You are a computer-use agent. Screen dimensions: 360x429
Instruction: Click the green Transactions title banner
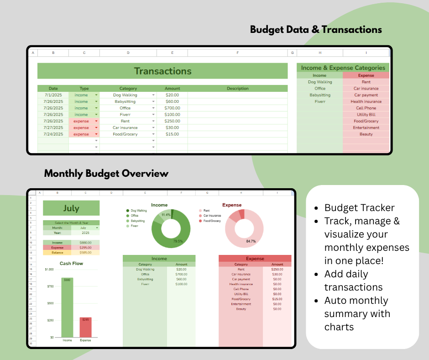[162, 71]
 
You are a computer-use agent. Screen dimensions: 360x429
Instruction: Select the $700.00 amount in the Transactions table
[173, 108]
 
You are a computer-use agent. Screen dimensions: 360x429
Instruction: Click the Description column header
[237, 89]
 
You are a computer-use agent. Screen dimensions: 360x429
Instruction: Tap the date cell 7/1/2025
[53, 95]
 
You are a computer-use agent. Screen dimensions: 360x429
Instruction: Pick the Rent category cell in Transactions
[125, 121]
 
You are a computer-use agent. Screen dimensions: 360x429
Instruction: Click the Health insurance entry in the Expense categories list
[366, 101]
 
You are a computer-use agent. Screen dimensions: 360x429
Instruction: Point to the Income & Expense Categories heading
[343, 68]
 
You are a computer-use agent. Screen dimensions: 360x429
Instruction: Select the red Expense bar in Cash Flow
[85, 327]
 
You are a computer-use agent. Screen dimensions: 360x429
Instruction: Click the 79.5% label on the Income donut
[178, 241]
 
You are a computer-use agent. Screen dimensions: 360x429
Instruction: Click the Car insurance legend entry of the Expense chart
[212, 216]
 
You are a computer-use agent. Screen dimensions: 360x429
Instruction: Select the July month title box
[71, 208]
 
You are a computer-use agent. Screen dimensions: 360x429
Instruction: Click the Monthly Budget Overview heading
[106, 174]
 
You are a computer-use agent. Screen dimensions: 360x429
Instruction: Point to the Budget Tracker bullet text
[360, 208]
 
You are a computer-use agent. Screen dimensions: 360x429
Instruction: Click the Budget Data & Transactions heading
[316, 30]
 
